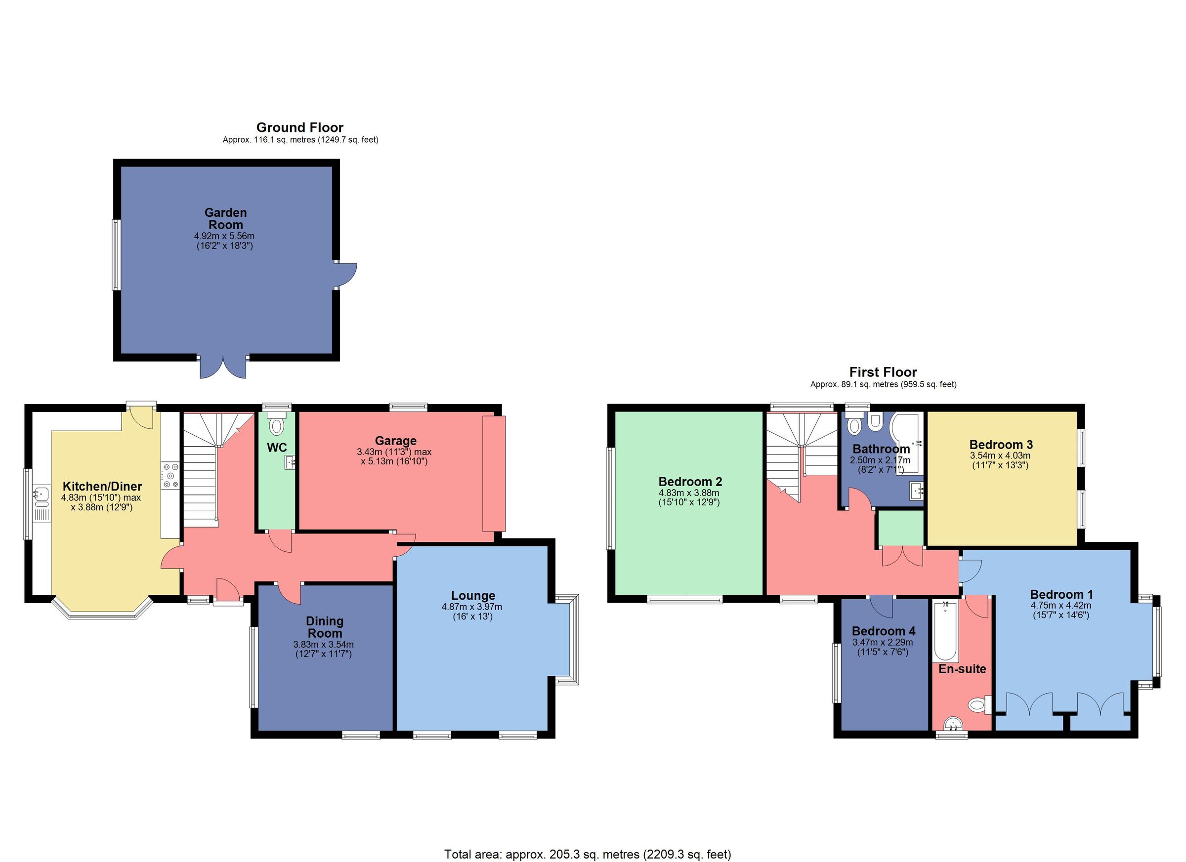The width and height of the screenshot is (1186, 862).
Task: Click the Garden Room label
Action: pos(225,218)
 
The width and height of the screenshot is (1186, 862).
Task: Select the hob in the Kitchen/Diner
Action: pos(170,475)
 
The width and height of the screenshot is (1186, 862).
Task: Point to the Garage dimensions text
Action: pos(394,456)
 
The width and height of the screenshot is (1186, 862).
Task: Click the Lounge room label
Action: pos(473,595)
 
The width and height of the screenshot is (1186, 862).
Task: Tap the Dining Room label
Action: pos(324,627)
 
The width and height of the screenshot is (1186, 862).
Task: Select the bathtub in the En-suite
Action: pos(945,631)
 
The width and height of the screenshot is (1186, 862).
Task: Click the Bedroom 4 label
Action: pos(883,631)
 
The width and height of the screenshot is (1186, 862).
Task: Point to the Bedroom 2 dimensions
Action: pos(689,497)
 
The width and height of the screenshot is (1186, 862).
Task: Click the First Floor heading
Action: pos(883,372)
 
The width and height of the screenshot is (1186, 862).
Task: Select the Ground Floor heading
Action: pos(299,127)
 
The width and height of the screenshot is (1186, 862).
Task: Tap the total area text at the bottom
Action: pos(587,854)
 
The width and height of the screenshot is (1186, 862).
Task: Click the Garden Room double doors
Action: pos(223,368)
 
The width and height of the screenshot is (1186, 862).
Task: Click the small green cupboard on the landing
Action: pos(900,528)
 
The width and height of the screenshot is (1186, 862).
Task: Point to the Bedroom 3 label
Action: pos(1000,444)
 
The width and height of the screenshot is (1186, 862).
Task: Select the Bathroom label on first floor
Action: pos(881,449)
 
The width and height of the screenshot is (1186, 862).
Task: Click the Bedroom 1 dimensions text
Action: pos(1061,610)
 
